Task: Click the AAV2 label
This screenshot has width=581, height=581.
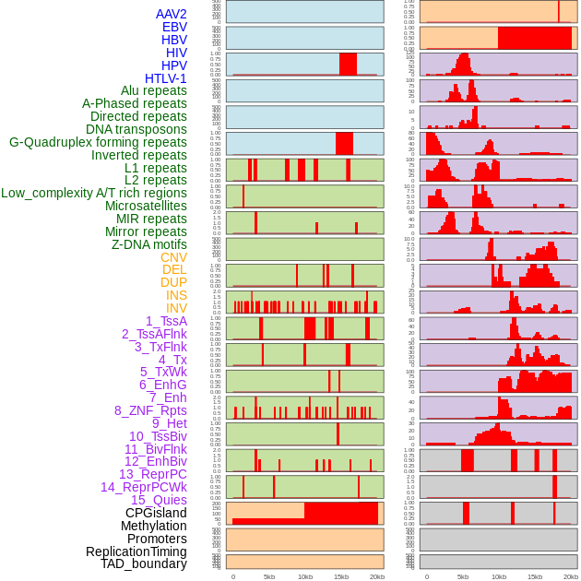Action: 172,15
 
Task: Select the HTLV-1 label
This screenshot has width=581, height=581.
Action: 166,78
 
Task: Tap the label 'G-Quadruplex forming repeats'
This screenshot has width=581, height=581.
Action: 98,143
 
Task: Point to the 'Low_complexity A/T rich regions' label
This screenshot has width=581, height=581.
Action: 94,194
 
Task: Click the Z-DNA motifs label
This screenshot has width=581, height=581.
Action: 149,245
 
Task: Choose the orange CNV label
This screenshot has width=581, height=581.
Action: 173,258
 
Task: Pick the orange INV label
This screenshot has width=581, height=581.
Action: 176,309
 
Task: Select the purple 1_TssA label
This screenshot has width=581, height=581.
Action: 166,321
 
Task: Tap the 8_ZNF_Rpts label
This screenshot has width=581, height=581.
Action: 150,410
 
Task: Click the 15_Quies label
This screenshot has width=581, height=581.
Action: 159,500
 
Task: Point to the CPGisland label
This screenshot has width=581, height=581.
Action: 156,513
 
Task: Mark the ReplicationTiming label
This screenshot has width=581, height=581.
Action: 136,551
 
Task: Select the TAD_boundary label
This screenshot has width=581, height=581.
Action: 144,563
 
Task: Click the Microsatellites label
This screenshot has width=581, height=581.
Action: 146,207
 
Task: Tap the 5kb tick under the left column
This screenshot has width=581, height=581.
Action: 269,576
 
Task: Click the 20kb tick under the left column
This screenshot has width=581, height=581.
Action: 376,576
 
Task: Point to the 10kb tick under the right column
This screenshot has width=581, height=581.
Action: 499,576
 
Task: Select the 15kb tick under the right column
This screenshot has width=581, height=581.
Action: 535,576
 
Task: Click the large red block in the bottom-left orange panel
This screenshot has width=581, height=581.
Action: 340,513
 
